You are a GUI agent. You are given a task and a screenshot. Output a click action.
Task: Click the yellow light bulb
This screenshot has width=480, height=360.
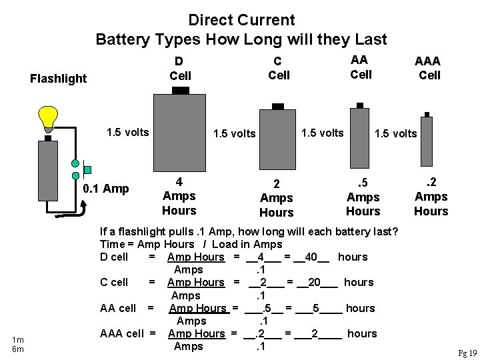click(x=48, y=116)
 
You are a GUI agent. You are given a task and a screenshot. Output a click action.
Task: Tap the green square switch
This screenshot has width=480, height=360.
click(x=87, y=169)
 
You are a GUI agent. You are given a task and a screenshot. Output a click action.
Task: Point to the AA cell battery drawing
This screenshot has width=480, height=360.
click(x=360, y=137)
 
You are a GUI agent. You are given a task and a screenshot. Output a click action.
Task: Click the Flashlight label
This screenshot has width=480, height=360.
click(x=59, y=79)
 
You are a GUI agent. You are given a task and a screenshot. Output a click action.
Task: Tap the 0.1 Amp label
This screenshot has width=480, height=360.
click(x=105, y=189)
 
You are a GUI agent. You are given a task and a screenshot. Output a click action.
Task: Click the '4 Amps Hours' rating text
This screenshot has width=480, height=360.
click(x=179, y=196)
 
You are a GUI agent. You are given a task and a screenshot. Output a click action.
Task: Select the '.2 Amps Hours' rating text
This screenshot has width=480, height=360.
click(x=431, y=197)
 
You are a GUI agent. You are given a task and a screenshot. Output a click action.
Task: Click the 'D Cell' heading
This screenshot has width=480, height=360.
click(x=180, y=69)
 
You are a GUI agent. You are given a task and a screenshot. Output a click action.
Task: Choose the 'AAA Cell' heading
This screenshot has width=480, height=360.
click(x=428, y=68)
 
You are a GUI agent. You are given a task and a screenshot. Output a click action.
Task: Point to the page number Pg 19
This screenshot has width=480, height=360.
click(x=467, y=353)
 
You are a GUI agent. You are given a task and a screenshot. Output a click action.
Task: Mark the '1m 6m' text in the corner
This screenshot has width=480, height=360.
click(x=17, y=345)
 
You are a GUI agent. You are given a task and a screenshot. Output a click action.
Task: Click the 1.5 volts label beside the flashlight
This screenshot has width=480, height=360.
click(x=127, y=131)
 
